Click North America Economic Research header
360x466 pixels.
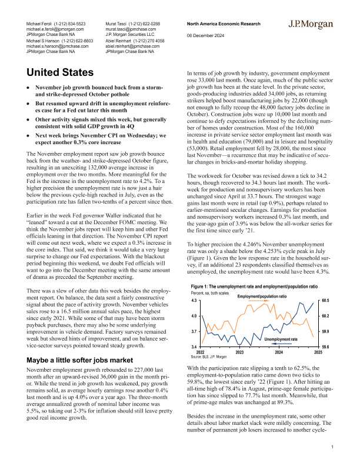[222, 24]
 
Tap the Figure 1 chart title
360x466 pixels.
[255, 285]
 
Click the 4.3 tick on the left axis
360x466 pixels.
[195, 301]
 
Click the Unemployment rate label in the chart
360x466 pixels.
[281, 339]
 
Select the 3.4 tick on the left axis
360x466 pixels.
[195, 347]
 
